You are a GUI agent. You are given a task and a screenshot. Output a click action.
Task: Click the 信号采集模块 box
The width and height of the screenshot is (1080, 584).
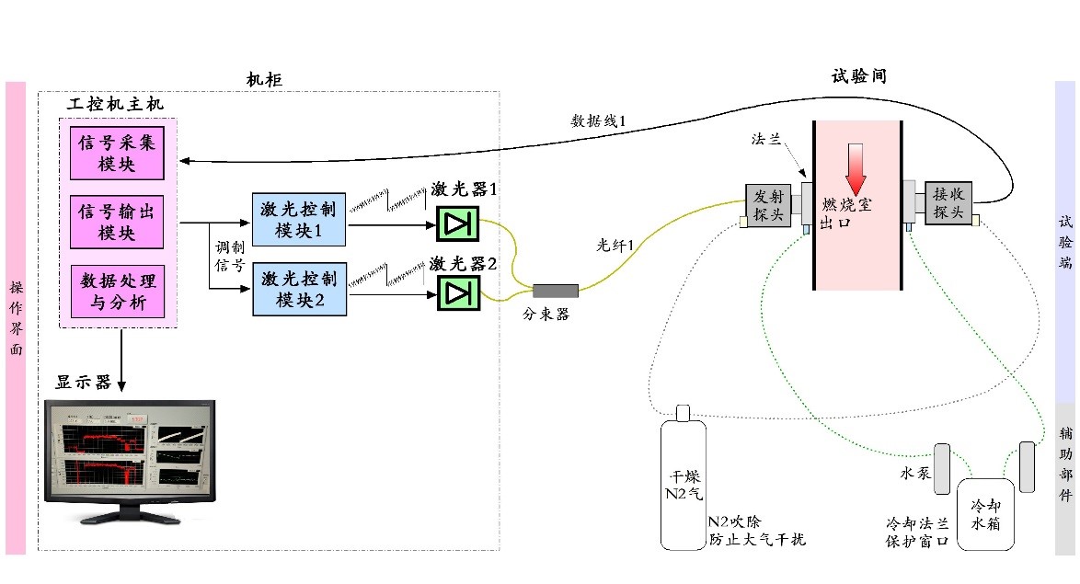pyautogui.click(x=116, y=153)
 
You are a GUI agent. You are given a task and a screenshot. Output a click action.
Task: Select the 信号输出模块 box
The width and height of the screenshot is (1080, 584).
pyautogui.click(x=116, y=223)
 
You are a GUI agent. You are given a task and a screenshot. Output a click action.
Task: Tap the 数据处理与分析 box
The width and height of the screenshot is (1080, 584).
pyautogui.click(x=116, y=290)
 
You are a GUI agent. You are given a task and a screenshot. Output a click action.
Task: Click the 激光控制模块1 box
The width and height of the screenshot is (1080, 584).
pyautogui.click(x=300, y=220)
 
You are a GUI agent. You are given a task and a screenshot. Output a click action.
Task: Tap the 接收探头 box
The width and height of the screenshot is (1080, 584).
pyautogui.click(x=947, y=202)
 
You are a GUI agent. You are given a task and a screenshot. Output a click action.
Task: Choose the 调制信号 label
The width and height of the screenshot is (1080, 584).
pyautogui.click(x=229, y=258)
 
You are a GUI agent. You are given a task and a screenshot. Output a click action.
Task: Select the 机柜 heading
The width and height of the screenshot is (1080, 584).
pyautogui.click(x=263, y=80)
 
